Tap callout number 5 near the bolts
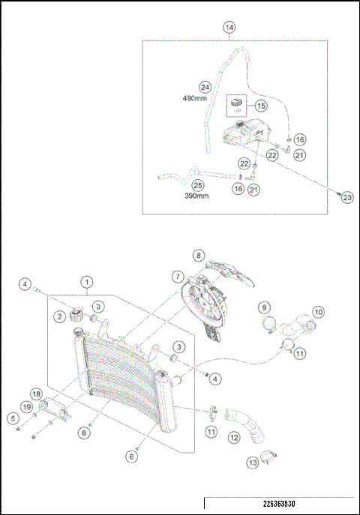click(x=13, y=418)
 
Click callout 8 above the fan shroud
click(x=198, y=255)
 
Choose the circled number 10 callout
click(x=318, y=311)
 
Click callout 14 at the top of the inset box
click(x=229, y=27)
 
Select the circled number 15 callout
click(x=261, y=105)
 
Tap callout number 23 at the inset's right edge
click(x=346, y=198)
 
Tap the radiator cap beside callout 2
click(x=76, y=315)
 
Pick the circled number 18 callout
click(x=35, y=394)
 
